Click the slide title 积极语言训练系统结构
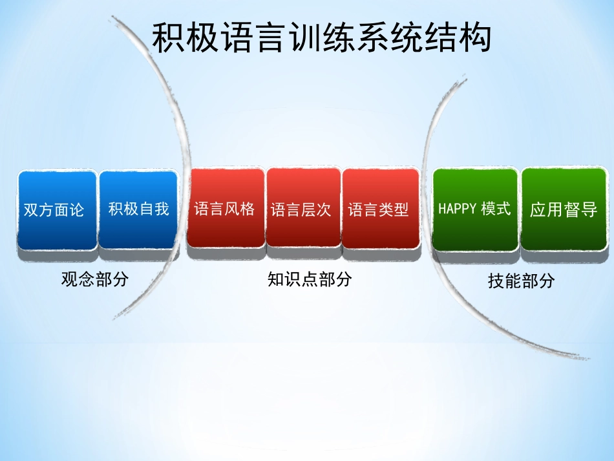click(321, 38)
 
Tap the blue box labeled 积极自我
click(138, 209)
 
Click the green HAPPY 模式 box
click(475, 209)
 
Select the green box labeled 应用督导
click(564, 209)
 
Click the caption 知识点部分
click(310, 279)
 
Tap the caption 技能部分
click(521, 281)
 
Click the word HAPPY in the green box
click(457, 209)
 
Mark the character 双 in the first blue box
click(31, 210)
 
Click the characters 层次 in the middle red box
click(317, 209)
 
